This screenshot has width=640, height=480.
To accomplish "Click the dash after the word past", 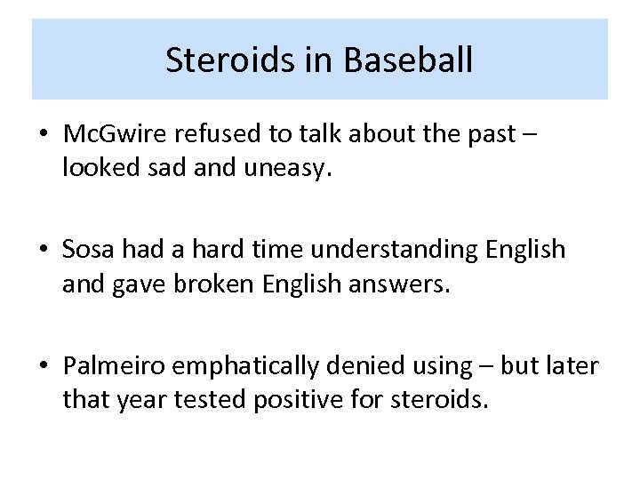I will pyautogui.click(x=531, y=135).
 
